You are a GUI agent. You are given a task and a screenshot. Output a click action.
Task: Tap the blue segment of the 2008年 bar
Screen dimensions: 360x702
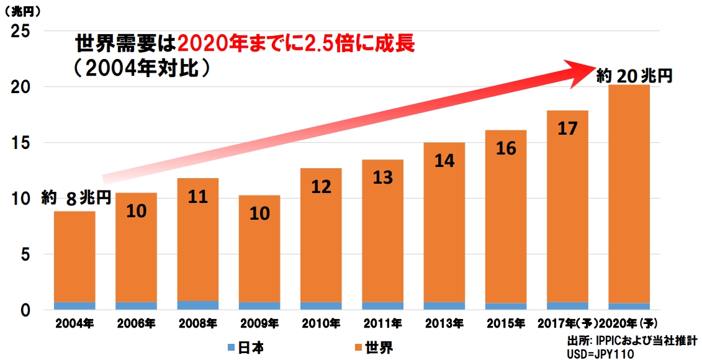coord(198,305)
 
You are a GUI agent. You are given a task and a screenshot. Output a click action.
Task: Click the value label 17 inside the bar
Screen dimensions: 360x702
coord(567,128)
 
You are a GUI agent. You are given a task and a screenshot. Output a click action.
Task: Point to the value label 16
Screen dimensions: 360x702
coord(506,148)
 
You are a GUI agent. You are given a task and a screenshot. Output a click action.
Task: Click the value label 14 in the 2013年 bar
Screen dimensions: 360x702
coord(444,161)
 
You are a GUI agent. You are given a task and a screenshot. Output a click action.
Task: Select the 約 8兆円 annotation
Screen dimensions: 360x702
coord(76,199)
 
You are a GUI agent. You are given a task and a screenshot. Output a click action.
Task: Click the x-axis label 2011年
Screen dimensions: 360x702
coord(383,323)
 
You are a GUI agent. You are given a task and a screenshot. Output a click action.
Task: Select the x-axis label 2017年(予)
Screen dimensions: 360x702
coord(567,323)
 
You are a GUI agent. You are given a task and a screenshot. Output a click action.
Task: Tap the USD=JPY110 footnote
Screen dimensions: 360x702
coord(600,353)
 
